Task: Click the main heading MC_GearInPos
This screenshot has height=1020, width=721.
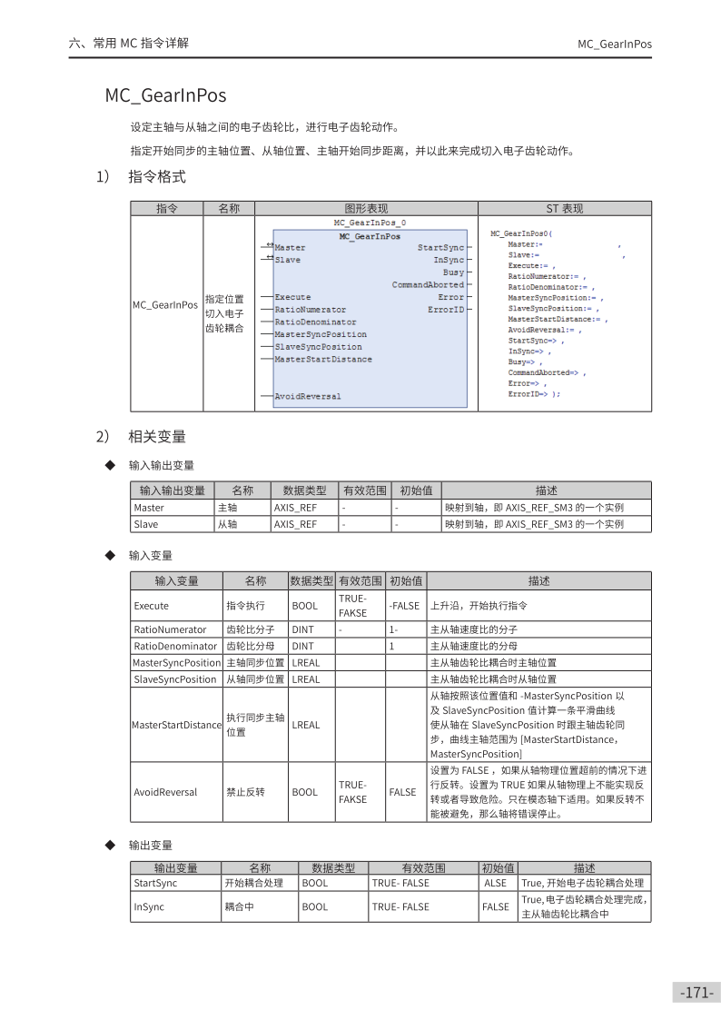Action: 165,95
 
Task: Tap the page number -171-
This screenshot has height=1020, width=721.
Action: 697,993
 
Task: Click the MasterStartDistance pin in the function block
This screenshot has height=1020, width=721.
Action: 323,360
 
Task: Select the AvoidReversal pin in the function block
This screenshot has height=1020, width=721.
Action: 308,397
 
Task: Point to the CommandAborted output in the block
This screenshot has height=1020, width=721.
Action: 428,285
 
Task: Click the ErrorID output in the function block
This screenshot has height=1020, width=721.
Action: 446,310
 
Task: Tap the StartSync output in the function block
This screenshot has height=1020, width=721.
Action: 440,248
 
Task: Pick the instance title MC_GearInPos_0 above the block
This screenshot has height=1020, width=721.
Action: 370,223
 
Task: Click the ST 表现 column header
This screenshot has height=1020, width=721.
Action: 564,209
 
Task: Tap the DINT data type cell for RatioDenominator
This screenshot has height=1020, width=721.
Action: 302,646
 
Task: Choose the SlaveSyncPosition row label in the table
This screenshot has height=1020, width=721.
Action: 175,679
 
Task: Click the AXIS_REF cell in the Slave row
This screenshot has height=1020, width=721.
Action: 295,524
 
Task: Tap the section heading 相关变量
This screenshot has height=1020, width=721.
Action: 157,438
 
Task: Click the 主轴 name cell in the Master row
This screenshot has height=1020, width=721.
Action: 227,508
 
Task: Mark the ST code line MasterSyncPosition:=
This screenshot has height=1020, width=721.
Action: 554,298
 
